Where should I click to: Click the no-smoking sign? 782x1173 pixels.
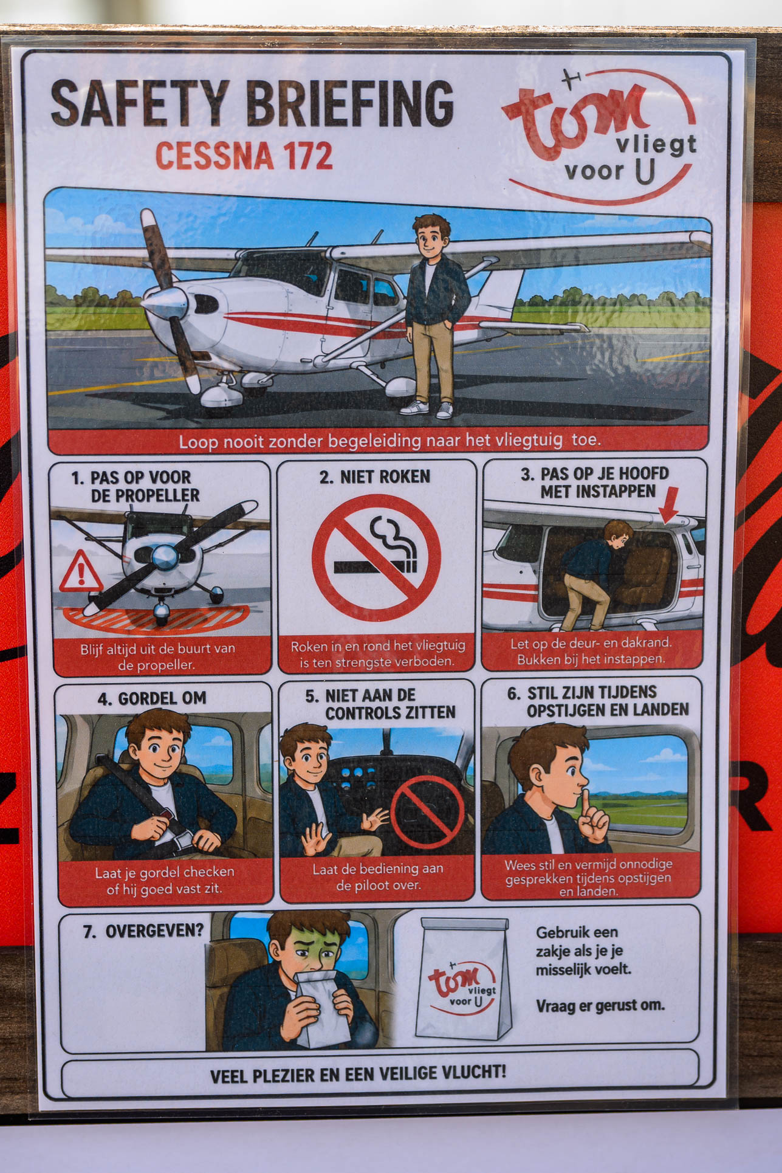coord(376,557)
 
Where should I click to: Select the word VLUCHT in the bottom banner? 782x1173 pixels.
coord(473,1072)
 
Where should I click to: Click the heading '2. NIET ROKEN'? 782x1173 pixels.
coord(375,476)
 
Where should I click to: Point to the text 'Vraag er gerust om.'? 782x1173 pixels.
coord(600,1006)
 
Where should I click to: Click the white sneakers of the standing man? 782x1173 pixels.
coord(427,409)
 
